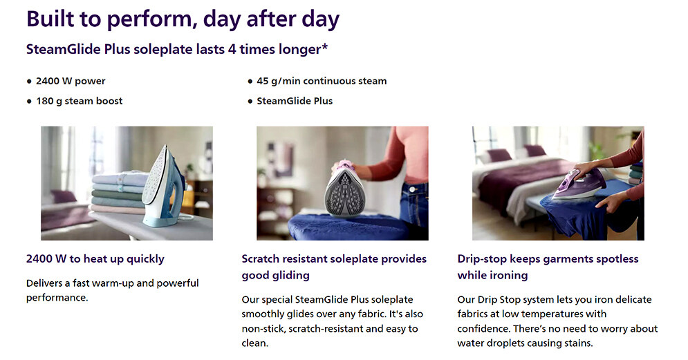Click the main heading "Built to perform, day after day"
click(183, 19)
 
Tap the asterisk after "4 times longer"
click(325, 46)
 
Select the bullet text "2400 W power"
click(71, 81)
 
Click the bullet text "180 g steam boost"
click(80, 101)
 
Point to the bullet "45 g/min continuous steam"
click(322, 81)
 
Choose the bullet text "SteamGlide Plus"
click(295, 101)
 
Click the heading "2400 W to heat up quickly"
click(95, 258)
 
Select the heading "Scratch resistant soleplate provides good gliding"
click(334, 267)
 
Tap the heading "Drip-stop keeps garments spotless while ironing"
click(548, 267)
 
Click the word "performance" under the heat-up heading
click(56, 297)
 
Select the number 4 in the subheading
click(232, 49)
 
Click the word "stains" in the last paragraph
click(579, 343)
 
